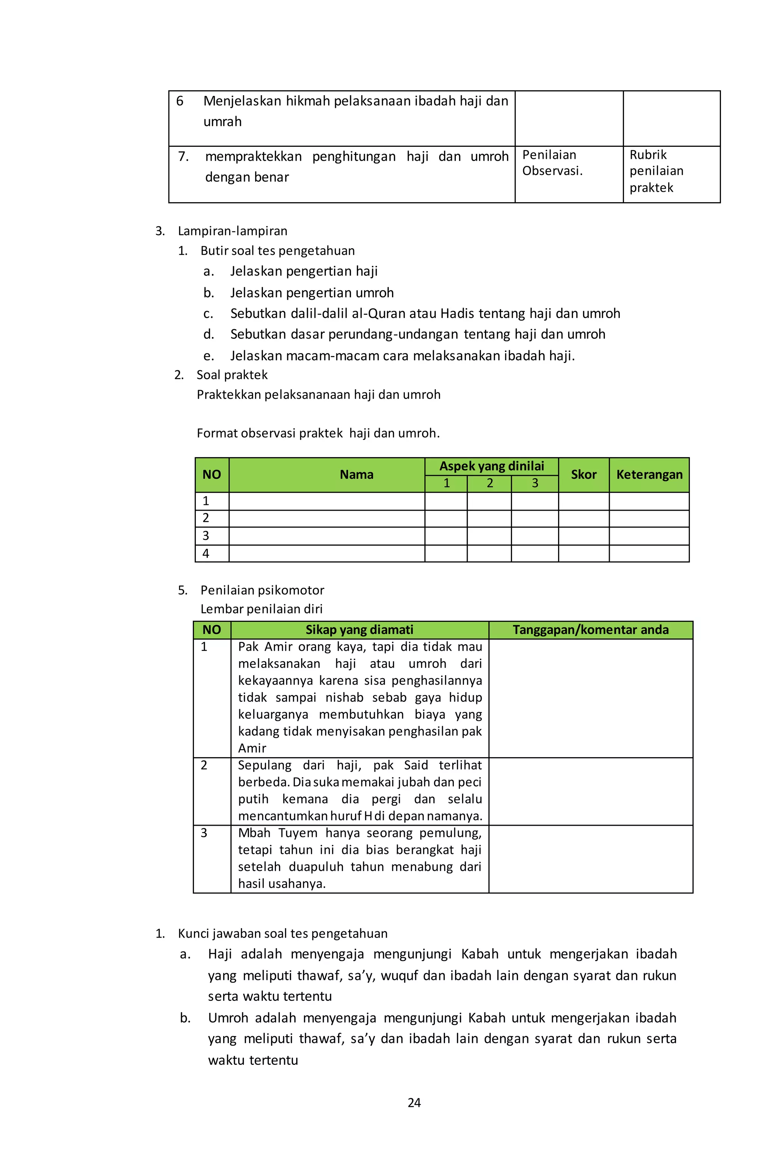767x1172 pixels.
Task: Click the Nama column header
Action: [x=356, y=475]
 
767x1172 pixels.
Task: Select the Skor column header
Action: [x=583, y=475]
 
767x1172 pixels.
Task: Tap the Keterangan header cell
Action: [x=649, y=475]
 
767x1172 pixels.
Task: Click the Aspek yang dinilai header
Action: [x=491, y=466]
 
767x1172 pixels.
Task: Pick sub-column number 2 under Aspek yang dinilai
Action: [x=489, y=483]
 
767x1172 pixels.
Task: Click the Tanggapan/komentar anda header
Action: [x=590, y=630]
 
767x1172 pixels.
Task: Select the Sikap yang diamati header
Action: [x=359, y=630]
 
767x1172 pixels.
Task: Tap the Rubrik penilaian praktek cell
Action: [x=656, y=171]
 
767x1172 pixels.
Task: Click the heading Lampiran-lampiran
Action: [x=233, y=231]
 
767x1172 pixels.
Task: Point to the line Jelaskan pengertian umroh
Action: [x=312, y=292]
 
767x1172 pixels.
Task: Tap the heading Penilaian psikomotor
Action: [x=262, y=590]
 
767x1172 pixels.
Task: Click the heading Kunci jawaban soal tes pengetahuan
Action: [x=282, y=933]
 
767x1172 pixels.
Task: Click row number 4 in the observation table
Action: [x=206, y=553]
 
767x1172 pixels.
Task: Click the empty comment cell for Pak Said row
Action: [x=590, y=791]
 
